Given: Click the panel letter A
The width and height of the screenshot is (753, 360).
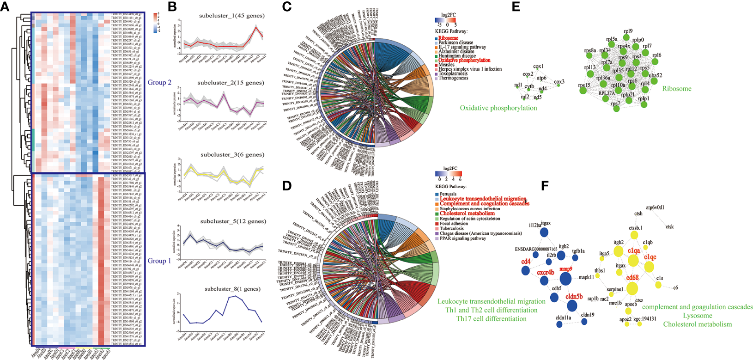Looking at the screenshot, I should click(5, 6).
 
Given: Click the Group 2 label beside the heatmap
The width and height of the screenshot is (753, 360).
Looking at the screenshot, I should click(159, 83).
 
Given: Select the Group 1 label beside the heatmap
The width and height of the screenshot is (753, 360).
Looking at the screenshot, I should click(159, 261).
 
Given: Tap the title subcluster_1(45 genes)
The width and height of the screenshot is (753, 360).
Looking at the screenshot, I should click(232, 16).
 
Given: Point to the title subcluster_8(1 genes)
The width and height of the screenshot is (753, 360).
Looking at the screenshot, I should click(233, 289).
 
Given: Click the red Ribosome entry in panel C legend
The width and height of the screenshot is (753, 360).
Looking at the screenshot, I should click(448, 38).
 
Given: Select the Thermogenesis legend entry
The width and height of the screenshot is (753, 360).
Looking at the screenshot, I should click(453, 78).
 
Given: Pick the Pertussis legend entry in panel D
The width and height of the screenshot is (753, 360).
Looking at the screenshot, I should click(448, 194).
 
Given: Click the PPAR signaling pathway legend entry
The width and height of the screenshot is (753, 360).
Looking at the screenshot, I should click(462, 238).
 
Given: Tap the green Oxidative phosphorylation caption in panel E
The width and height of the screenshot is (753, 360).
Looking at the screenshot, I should click(498, 108).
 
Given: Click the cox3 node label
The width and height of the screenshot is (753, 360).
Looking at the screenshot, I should click(559, 82).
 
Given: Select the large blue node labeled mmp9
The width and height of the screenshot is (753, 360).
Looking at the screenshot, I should click(565, 279).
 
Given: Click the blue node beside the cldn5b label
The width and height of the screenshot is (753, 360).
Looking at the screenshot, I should click(572, 305).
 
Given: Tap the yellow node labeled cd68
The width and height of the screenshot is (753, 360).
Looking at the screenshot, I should click(632, 288).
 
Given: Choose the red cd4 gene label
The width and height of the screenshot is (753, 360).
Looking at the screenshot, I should click(526, 262).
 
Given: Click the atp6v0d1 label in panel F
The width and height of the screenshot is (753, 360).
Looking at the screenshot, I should click(655, 208).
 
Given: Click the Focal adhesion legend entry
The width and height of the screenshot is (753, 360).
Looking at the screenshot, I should click(454, 224).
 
